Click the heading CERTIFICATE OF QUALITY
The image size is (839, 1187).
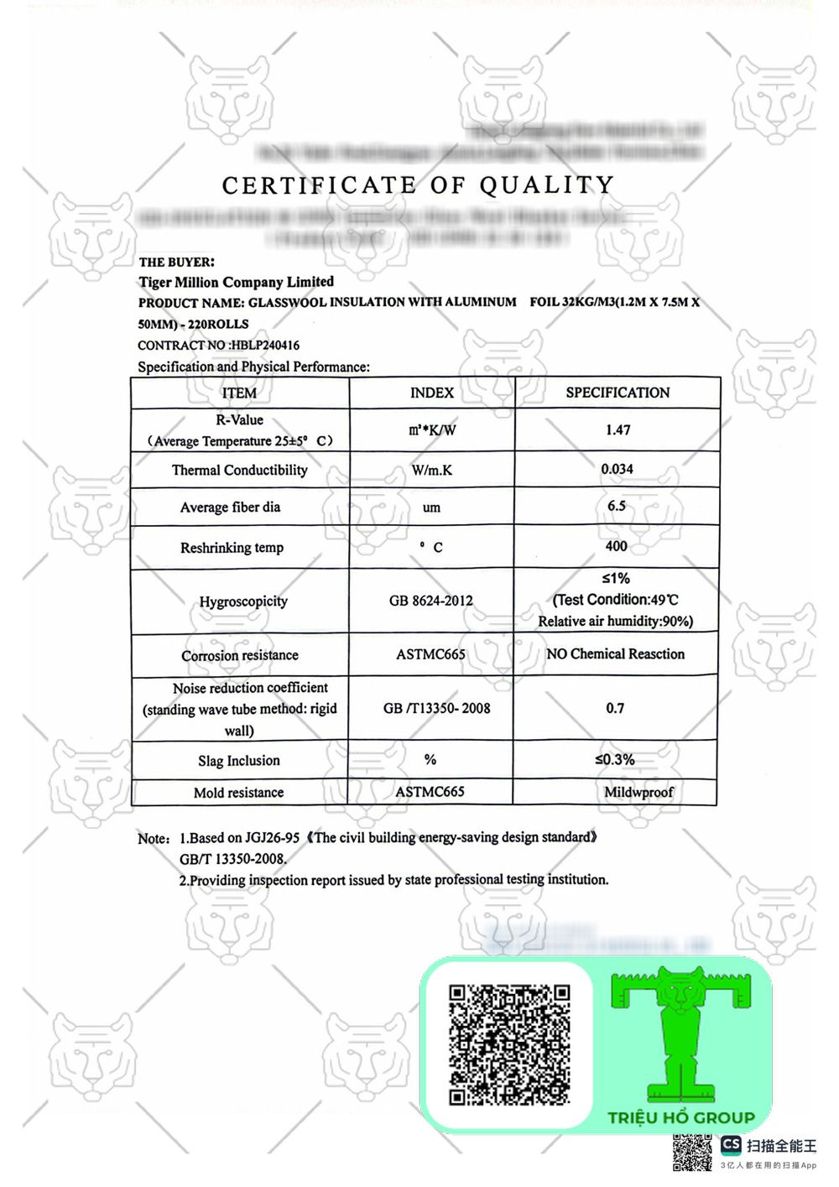pos(418,185)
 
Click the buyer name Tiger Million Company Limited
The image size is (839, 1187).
pos(237,282)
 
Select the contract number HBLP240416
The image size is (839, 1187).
pos(265,345)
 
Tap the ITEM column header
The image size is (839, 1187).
pos(239,393)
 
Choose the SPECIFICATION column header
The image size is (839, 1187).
pos(618,393)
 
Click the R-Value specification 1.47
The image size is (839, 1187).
pos(618,430)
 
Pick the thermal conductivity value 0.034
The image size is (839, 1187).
pos(617,469)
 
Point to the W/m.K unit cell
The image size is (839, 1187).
pos(431,470)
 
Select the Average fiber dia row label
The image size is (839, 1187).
pos(230,507)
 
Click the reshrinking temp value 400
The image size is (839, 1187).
pos(616,546)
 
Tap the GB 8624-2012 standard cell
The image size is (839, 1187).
pos(430,601)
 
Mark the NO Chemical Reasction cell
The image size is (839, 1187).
pos(615,653)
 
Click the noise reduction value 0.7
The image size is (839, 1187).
pos(615,708)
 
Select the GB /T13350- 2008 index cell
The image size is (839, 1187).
pos(436,708)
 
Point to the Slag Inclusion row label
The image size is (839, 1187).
pos(238,761)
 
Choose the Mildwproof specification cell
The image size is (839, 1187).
pos(638,792)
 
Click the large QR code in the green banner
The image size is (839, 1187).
pos(508,1044)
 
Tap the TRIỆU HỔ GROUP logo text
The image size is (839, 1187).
pos(681,1117)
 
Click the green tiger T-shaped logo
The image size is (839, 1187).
pos(680,1032)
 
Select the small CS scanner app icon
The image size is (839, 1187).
pos(731,1145)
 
